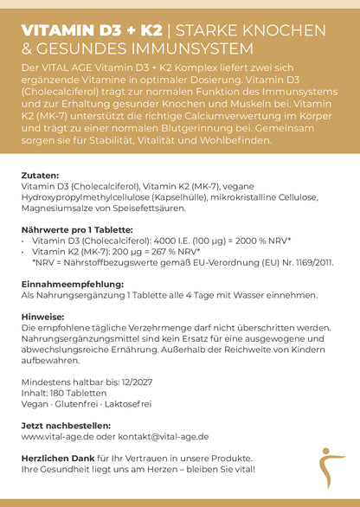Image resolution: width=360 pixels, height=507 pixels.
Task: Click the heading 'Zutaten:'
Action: point(39,175)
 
